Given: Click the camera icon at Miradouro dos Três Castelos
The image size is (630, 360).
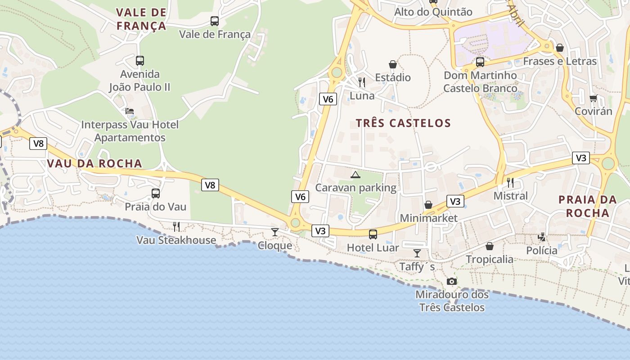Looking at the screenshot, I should point(452,282).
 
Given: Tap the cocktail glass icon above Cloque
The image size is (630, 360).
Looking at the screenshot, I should point(274,232).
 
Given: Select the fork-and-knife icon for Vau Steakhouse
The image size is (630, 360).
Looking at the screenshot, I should point(176,226).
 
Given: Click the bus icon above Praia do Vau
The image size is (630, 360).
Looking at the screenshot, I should point(155,193).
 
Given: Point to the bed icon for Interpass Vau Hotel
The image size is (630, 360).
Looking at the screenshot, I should point(130,111).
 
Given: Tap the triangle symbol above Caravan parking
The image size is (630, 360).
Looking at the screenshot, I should point(355,175).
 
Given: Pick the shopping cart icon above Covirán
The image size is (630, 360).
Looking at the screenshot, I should point(593,98).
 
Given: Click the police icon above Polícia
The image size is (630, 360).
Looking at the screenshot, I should point(542,237).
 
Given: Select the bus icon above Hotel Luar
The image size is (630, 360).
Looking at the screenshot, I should point(373,234).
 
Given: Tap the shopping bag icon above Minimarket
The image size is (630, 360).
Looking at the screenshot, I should point(428,205).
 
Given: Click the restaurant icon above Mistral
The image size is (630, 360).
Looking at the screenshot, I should point(510,182).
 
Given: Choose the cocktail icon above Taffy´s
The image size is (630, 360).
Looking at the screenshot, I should point(417,253).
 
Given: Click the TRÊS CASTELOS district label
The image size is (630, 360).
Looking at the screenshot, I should point(403,123).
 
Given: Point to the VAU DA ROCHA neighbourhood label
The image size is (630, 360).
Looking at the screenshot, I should point(94,163).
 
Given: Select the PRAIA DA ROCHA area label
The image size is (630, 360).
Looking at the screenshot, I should point(587,206).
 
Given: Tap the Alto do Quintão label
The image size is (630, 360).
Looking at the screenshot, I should point(433,12).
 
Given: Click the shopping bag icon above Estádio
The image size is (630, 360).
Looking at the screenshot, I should point(393,64).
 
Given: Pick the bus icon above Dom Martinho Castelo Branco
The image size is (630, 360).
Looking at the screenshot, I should point(480,62).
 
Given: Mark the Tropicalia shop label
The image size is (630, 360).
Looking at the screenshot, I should point(489,259).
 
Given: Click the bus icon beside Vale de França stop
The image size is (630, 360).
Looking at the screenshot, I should point(215,21).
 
